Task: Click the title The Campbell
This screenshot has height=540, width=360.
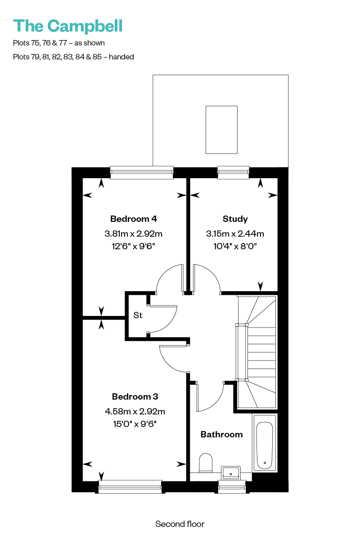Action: pyautogui.click(x=68, y=27)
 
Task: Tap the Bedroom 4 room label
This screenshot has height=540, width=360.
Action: pyautogui.click(x=134, y=219)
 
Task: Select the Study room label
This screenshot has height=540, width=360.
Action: pyautogui.click(x=235, y=219)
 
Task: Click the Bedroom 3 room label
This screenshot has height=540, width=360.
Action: pyautogui.click(x=135, y=396)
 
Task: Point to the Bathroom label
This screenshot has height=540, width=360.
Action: pyautogui.click(x=221, y=434)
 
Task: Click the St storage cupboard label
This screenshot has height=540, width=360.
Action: pyautogui.click(x=138, y=315)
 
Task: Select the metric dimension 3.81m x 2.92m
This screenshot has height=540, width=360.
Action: pyautogui.click(x=133, y=234)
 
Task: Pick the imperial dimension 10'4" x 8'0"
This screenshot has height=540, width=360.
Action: pyautogui.click(x=235, y=247)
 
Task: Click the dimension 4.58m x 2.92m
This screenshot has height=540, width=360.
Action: pyautogui.click(x=135, y=411)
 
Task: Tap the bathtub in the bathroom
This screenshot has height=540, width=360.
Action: pyautogui.click(x=265, y=443)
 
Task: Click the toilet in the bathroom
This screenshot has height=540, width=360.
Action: pyautogui.click(x=206, y=463)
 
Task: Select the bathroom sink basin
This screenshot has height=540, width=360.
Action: pyautogui.click(x=231, y=472)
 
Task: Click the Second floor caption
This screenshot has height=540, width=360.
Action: pyautogui.click(x=180, y=524)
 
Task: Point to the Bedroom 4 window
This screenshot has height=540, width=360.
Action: pyautogui.click(x=142, y=172)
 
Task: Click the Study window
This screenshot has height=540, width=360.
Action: pyautogui.click(x=233, y=172)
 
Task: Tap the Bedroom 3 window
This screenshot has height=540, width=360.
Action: pyautogui.click(x=130, y=487)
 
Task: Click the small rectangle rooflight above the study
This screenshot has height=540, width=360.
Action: pyautogui.click(x=221, y=130)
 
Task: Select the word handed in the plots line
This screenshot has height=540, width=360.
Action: pyautogui.click(x=121, y=57)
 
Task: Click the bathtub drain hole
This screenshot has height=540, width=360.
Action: pyautogui.click(x=265, y=463)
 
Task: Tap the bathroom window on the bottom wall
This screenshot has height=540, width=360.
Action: pyautogui.click(x=232, y=487)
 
